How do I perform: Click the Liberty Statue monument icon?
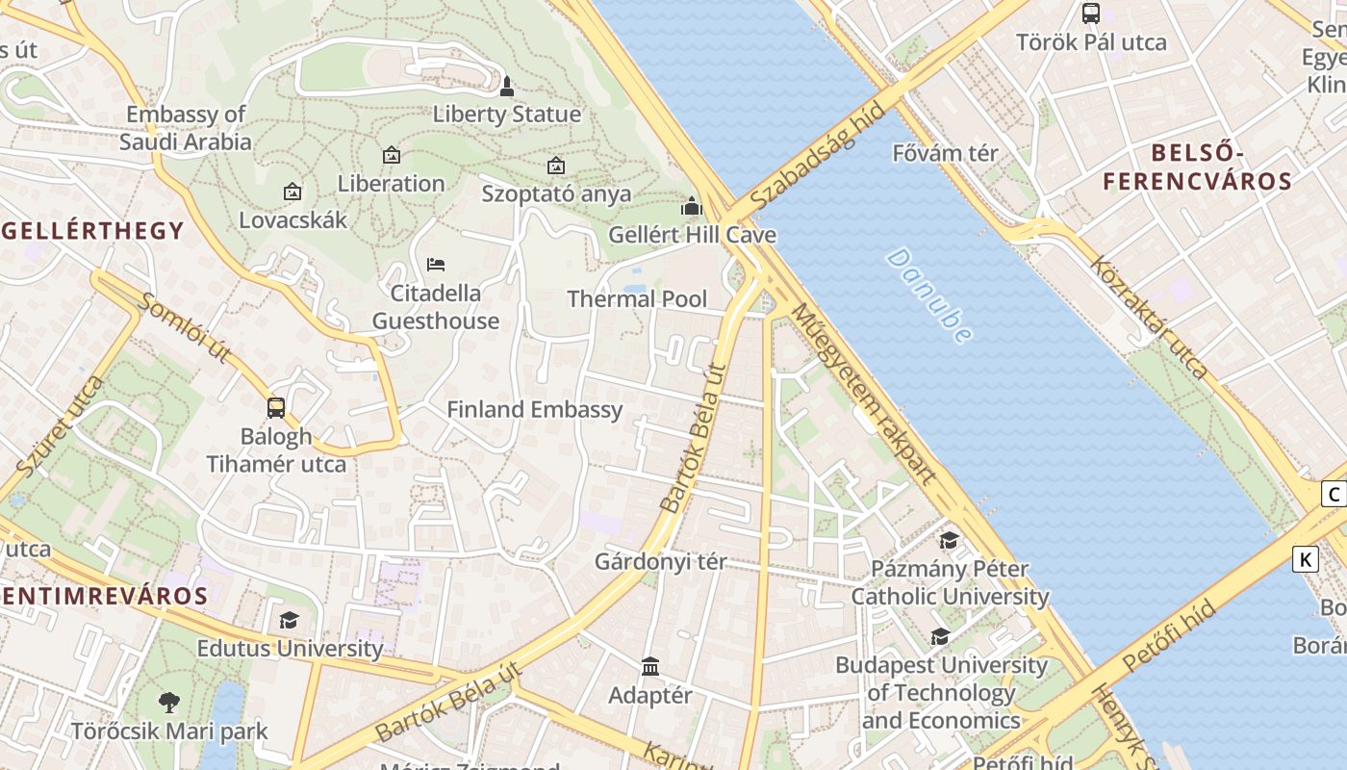507,88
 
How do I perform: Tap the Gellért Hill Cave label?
692,235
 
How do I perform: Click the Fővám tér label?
945,153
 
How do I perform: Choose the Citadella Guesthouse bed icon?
436,264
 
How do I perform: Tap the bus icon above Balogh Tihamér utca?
276,408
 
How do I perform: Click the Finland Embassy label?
534,409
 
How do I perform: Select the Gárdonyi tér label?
660,561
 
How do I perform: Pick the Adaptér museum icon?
650,666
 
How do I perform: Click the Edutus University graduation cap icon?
289,620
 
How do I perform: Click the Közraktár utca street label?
1149,317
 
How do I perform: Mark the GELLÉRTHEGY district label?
92,230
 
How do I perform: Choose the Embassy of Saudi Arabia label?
186,128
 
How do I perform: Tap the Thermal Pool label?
637,298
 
